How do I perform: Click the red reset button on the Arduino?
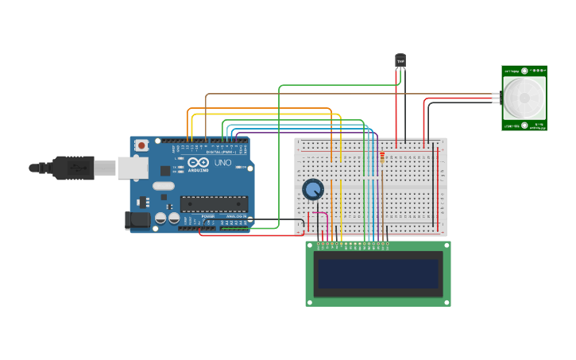(141, 145)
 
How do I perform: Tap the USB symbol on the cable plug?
(76, 168)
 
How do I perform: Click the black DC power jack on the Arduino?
(137, 220)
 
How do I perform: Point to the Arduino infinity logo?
(199, 162)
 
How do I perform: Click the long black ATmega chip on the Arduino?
(214, 204)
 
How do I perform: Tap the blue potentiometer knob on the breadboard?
(313, 189)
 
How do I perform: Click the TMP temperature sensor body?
(400, 60)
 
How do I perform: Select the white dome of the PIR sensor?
(524, 98)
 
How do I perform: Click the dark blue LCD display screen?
(378, 274)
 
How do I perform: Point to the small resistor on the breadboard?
(382, 157)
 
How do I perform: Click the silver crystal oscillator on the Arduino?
(163, 186)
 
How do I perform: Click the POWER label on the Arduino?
(207, 216)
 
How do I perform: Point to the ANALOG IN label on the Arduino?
(237, 216)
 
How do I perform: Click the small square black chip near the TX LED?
(165, 170)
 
